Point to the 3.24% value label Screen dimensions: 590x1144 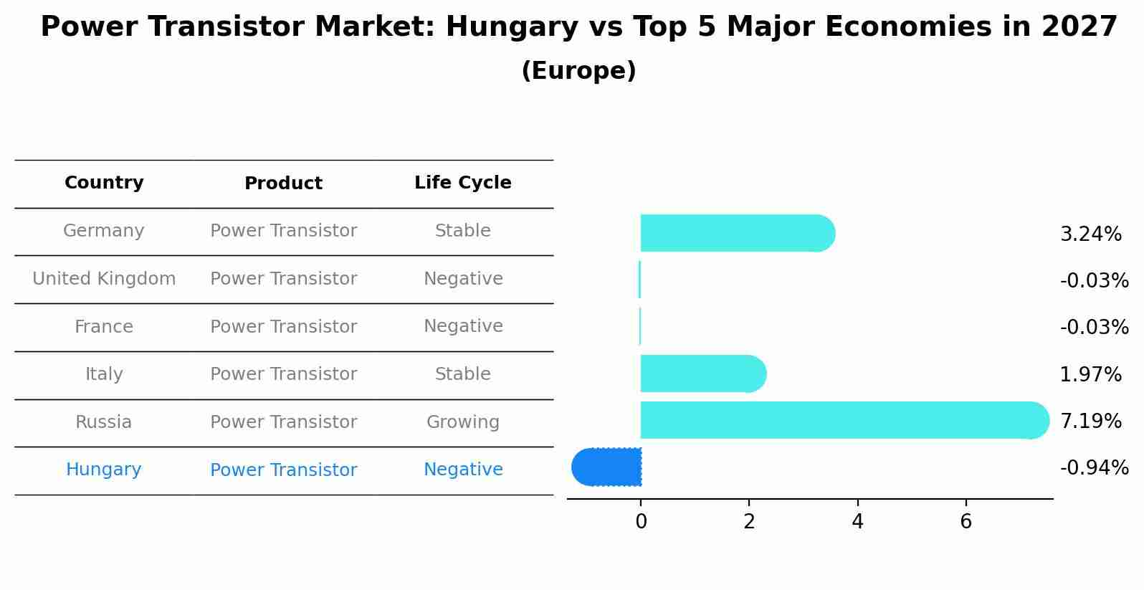1090,234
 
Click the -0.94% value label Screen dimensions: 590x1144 1094,468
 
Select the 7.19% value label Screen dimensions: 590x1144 1090,422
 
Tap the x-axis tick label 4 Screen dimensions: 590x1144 857,522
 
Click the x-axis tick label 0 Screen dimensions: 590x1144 641,522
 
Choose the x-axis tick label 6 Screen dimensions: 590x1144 966,522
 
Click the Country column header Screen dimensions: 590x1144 104,183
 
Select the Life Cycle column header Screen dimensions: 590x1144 462,183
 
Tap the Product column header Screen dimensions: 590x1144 283,184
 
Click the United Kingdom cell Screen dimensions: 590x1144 104,279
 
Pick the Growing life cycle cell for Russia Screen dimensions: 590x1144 462,422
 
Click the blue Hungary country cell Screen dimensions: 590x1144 104,470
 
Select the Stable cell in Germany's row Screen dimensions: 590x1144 462,231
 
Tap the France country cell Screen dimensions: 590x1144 104,327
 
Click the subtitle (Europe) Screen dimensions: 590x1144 578,71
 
